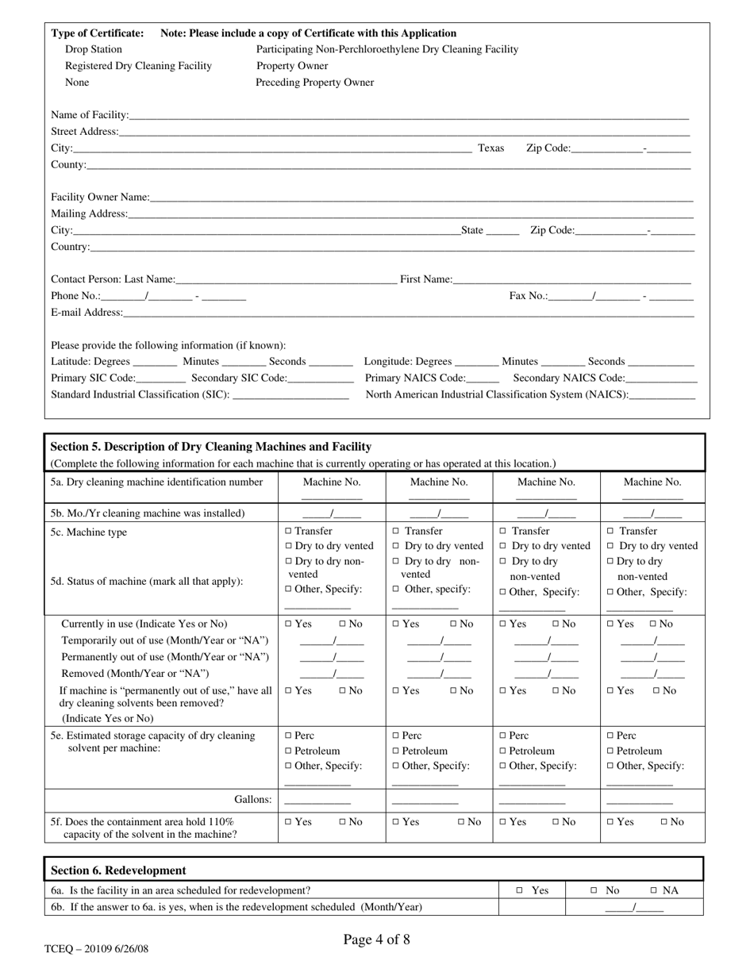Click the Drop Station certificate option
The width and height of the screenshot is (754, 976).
coord(94,49)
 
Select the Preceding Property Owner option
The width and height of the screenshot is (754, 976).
coord(314,83)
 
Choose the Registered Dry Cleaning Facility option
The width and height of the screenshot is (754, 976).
coord(138,66)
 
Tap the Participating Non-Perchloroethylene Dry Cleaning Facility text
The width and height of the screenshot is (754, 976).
coord(387,49)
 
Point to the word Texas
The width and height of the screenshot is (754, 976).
coord(490,148)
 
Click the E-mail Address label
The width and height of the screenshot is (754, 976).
coord(87,313)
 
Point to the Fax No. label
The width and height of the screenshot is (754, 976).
coord(528,296)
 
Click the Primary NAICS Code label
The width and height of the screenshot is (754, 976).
coord(415,378)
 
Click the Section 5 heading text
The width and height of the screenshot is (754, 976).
coord(210,447)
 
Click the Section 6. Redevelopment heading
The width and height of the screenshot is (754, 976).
coord(118,870)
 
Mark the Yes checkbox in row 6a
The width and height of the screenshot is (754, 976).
coord(519,891)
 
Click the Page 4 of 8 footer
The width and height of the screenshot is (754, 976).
coord(376,940)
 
